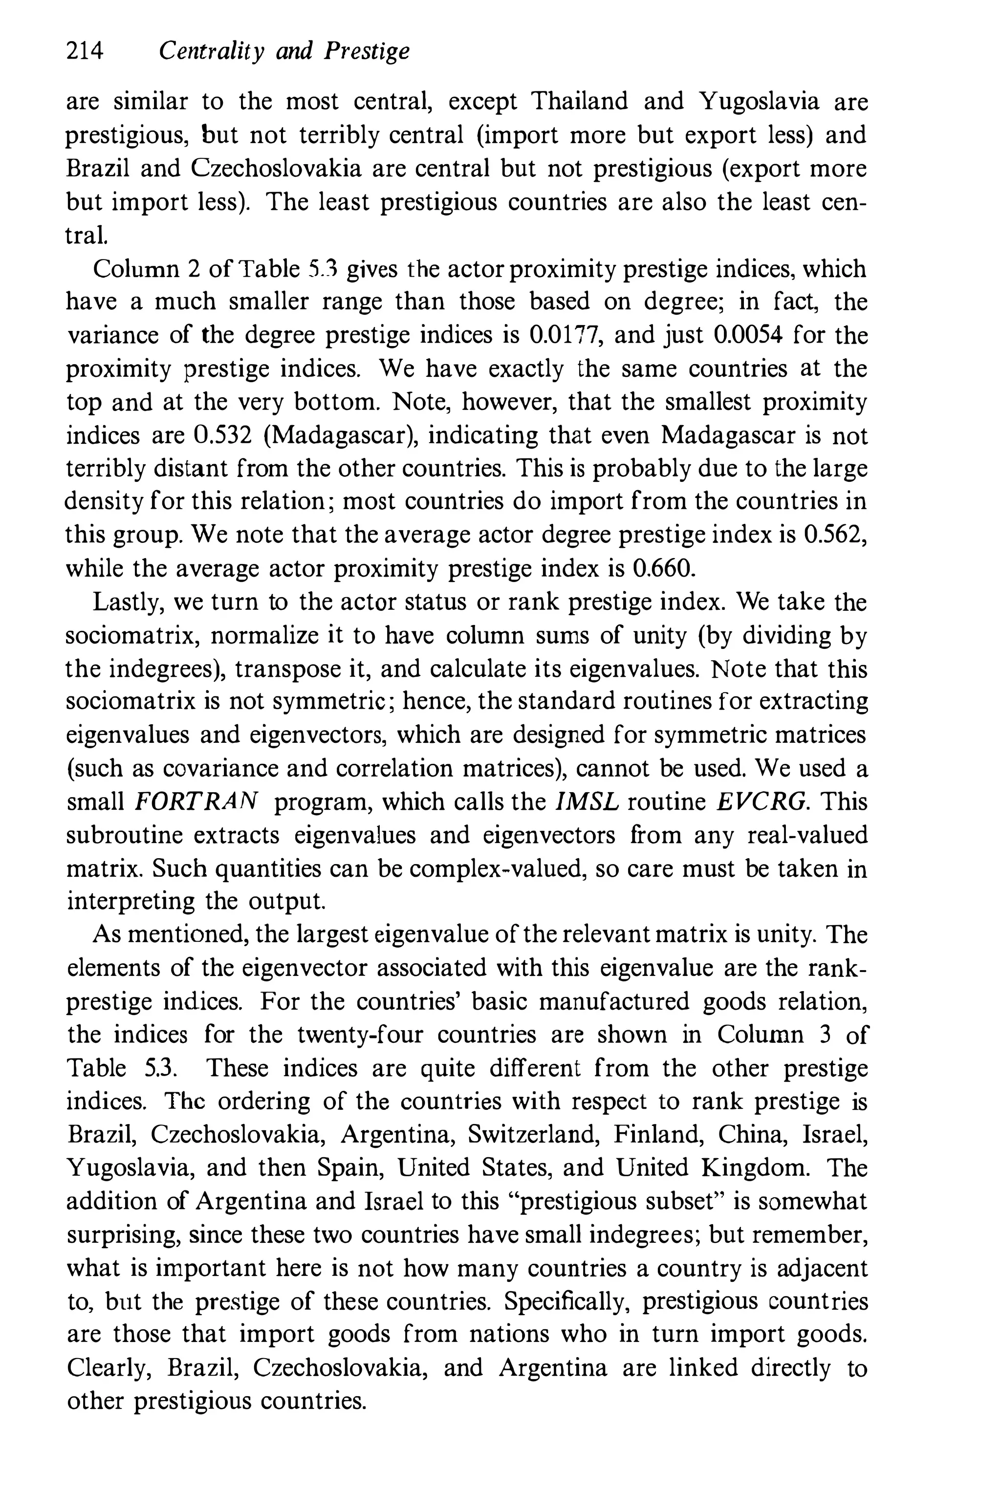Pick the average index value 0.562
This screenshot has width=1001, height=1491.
coord(834,535)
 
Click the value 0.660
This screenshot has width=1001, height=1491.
coord(663,568)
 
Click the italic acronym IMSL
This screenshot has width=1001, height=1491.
coord(588,801)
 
